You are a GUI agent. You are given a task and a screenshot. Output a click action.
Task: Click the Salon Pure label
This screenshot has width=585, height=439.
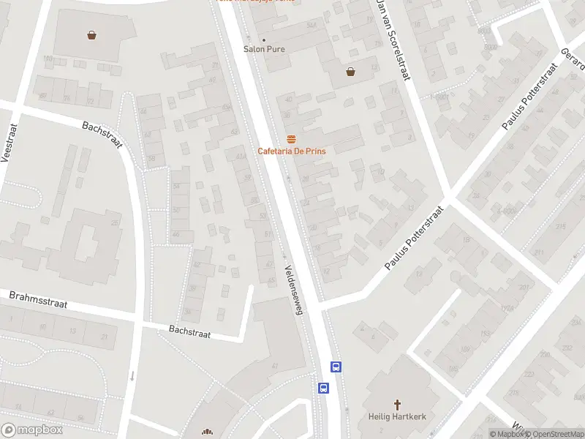[264, 49]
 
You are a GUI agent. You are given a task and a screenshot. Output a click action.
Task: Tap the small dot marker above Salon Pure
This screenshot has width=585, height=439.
[264, 40]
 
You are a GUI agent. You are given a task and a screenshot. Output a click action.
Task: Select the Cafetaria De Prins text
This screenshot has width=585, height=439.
[291, 151]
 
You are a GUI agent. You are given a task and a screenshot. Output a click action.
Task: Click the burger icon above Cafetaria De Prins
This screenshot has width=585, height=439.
[291, 139]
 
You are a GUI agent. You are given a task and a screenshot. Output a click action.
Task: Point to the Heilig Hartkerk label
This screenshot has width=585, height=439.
[397, 417]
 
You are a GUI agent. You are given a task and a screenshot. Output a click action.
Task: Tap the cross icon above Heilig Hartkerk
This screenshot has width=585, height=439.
[397, 404]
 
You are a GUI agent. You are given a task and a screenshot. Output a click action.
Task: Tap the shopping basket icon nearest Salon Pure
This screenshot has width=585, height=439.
[351, 72]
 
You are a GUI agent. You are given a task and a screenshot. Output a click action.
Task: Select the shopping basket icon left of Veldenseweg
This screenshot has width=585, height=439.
[92, 34]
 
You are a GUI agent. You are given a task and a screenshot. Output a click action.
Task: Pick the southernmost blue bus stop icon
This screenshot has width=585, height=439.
[323, 388]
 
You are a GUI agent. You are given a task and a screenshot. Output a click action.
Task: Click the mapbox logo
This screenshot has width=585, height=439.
[32, 430]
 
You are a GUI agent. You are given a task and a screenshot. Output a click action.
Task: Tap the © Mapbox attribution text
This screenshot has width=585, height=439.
[507, 434]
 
